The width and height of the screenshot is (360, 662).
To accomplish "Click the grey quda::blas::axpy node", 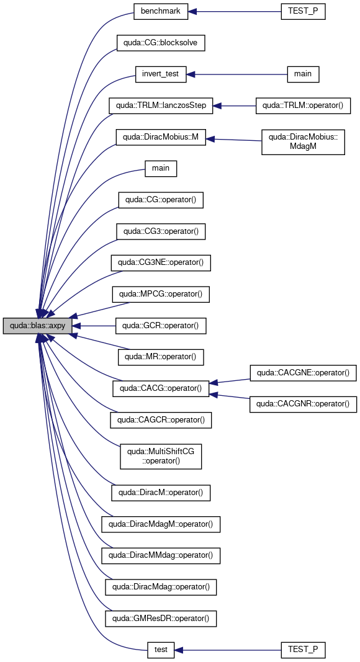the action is [37, 326].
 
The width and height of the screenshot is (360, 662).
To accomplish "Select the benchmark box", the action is [161, 11].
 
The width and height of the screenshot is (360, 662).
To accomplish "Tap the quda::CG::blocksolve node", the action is [161, 43].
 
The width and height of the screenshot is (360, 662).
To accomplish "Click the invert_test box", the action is [161, 74].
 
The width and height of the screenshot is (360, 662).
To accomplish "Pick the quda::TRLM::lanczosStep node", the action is [161, 105].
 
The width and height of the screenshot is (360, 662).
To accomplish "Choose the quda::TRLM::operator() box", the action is [303, 105].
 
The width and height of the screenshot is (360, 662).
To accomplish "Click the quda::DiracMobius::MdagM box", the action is [303, 142].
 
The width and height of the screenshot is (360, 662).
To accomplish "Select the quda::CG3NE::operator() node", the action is [161, 263].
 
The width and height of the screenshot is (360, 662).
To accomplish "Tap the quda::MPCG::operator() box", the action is [161, 294].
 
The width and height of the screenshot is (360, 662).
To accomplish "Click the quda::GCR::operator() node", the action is [161, 326].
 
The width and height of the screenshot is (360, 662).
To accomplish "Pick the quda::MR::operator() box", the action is [161, 357].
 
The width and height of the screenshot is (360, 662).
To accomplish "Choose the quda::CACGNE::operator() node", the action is [303, 373].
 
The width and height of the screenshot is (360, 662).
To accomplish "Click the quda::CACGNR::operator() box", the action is [303, 404].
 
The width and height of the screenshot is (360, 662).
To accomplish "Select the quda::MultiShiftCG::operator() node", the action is [161, 456].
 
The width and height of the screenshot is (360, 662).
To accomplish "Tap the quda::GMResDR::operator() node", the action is [161, 619].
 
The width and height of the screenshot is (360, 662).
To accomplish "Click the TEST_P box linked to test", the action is [303, 650].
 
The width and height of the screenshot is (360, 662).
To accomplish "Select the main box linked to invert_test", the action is [303, 74].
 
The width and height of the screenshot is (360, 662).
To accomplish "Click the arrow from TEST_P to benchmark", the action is [235, 11].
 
